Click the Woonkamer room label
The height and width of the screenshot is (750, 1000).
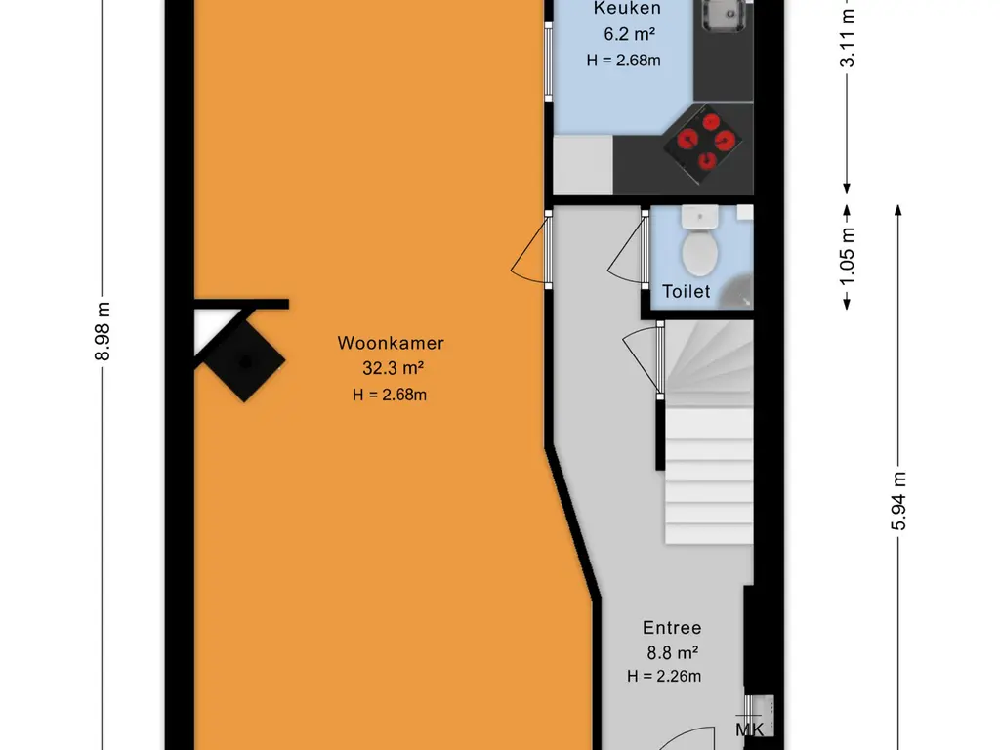click(391, 343)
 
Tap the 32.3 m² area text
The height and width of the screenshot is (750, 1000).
click(394, 368)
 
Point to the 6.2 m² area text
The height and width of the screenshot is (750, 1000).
click(630, 34)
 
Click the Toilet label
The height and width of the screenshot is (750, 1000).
click(687, 291)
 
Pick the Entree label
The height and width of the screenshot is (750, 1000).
click(672, 628)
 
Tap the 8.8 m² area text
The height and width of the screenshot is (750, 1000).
click(672, 653)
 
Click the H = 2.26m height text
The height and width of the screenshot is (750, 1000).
click(664, 676)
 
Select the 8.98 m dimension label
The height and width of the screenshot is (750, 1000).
click(103, 331)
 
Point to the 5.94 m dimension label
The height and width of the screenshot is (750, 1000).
click(898, 501)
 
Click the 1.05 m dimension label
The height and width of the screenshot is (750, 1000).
click(847, 258)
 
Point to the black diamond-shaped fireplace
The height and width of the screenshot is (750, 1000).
click(243, 361)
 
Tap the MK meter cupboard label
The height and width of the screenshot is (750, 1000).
click(749, 729)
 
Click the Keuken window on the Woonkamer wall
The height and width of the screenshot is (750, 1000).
click(548, 62)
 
